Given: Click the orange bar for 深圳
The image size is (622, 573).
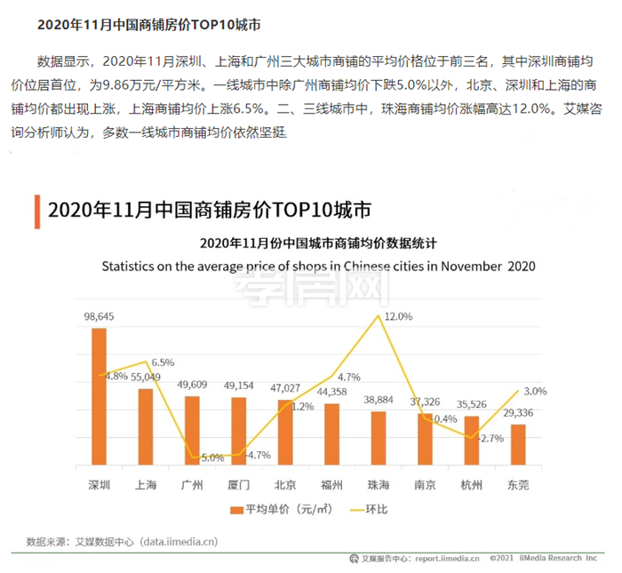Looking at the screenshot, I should point(100,396).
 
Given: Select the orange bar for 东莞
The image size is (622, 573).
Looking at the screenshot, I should point(518,444).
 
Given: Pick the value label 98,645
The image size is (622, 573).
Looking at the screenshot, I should point(100,317).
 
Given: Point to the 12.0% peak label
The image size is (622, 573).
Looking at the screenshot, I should point(398,316).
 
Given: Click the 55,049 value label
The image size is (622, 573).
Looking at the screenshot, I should point(146,377).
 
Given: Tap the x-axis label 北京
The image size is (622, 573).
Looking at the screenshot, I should point(285,485).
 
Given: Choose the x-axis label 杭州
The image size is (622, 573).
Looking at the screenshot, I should point(471,485).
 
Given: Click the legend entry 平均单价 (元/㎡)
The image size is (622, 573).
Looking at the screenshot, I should point(275,509).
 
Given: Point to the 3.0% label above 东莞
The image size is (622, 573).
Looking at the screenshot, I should point(535,391).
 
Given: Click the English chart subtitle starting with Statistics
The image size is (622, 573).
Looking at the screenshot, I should point(318,266).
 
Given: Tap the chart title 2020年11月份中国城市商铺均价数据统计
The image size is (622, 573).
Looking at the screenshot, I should point(318,243).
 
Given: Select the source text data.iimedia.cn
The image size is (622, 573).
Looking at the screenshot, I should point(174,540).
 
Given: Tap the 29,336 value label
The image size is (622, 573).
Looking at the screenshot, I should point(518,413).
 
